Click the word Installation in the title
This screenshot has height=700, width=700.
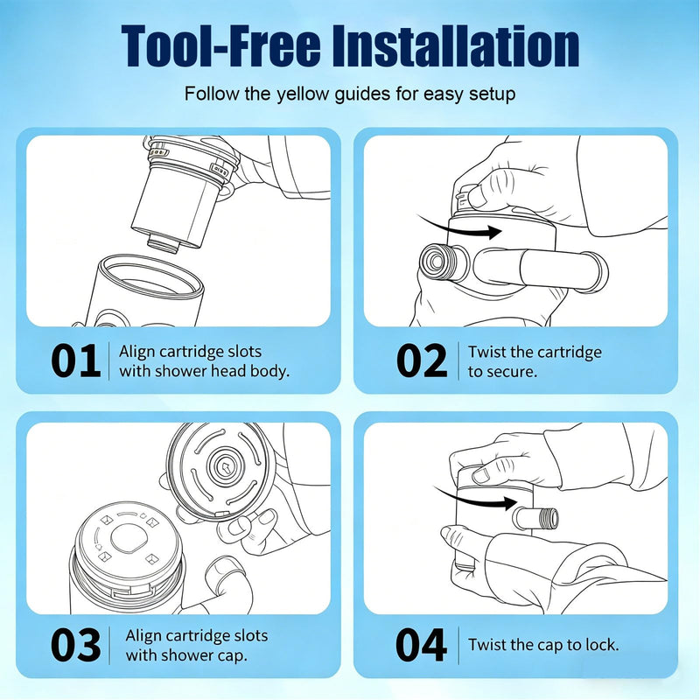tap(455, 45)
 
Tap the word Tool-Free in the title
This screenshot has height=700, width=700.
tap(220, 45)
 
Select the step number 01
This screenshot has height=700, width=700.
tap(75, 360)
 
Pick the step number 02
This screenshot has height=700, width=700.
tap(422, 360)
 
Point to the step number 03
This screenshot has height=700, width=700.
tap(75, 645)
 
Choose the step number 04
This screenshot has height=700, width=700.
tap(421, 645)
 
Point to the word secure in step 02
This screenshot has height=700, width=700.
tap(511, 372)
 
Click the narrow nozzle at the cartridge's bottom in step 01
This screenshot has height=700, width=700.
tap(164, 243)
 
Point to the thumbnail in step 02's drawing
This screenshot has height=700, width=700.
tap(478, 197)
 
